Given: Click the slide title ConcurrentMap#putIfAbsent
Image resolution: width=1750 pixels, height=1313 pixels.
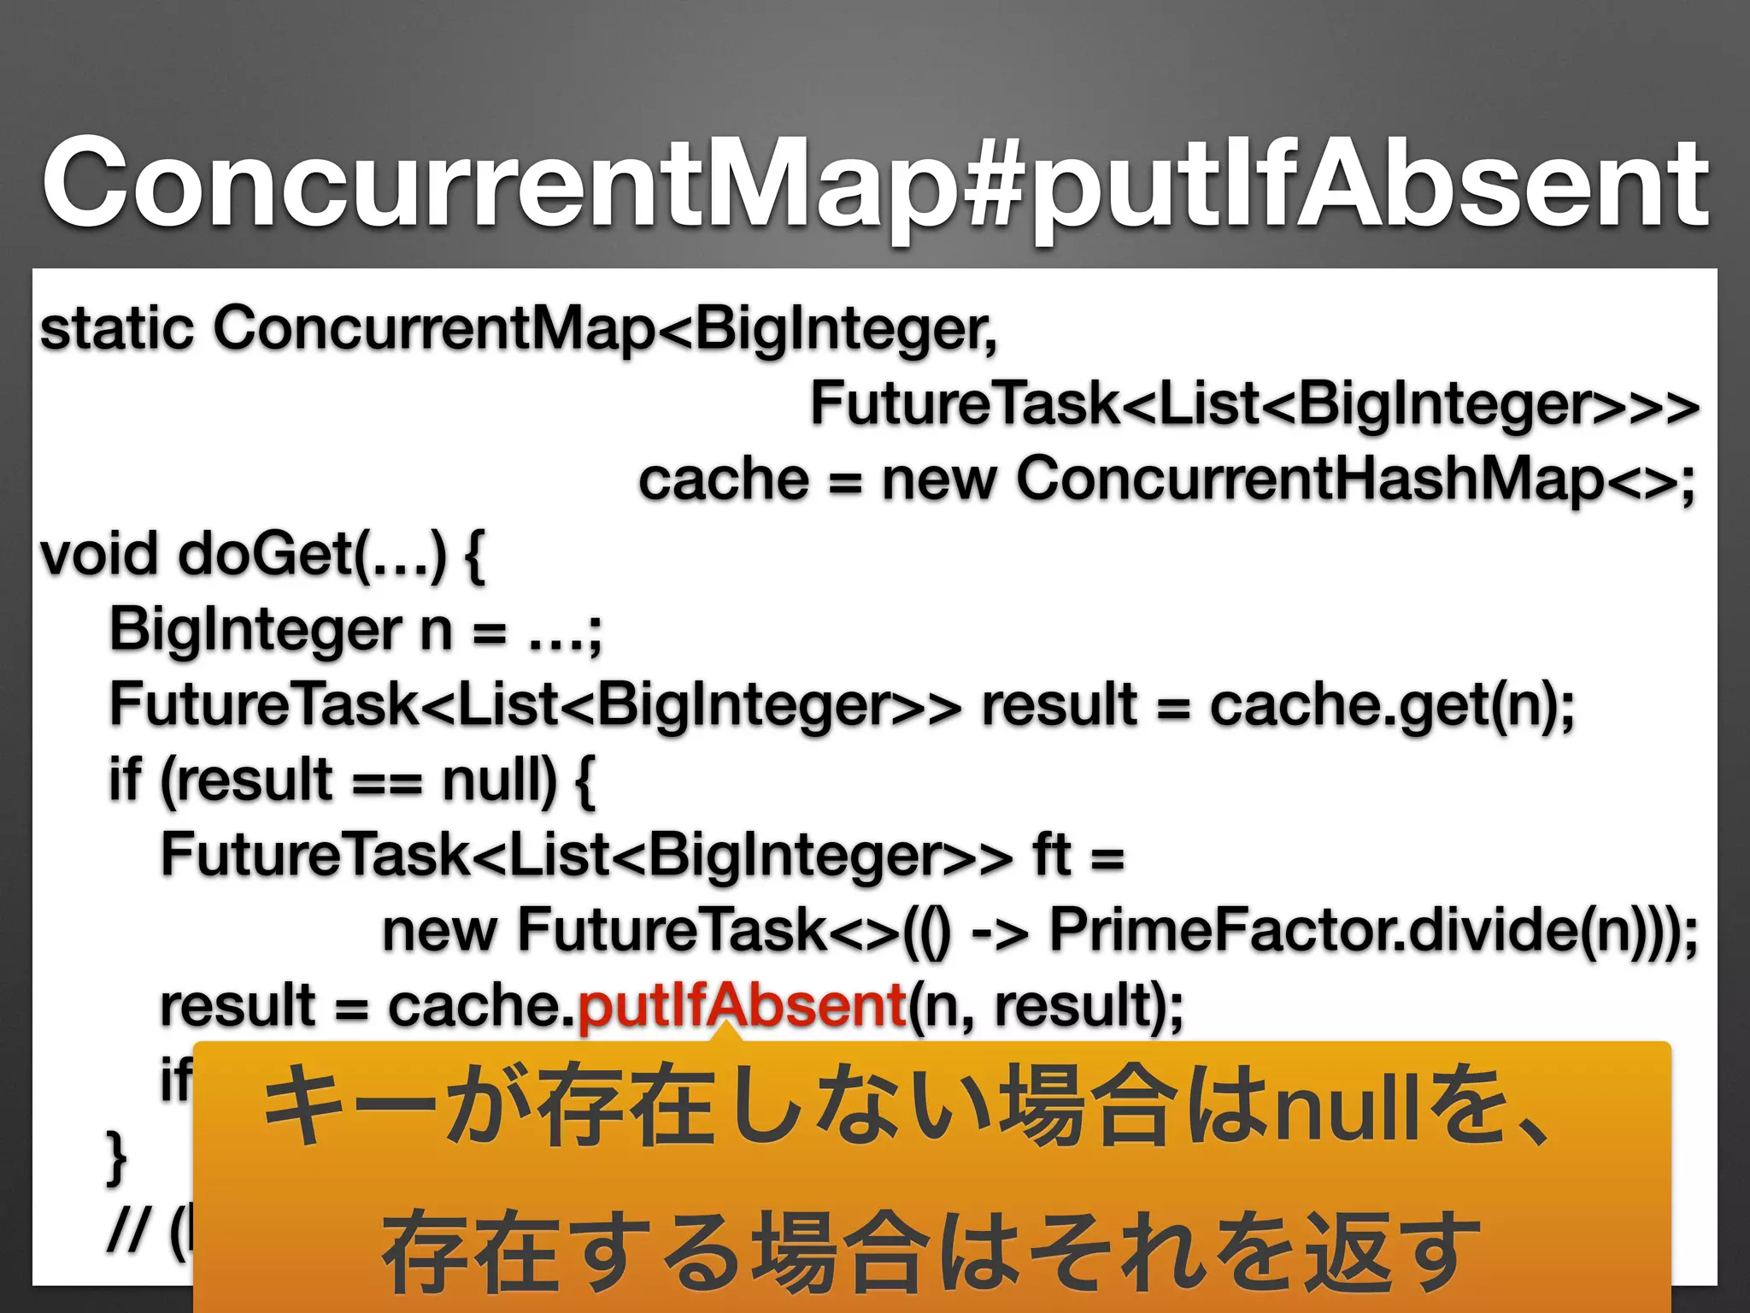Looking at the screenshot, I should [875, 184].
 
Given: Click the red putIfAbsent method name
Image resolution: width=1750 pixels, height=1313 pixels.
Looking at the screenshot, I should [742, 1005].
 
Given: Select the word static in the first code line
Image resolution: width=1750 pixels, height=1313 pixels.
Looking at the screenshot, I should [117, 328].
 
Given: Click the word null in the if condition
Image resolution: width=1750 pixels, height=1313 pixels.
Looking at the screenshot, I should [499, 780].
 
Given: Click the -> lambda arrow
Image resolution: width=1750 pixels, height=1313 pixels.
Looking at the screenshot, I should [1000, 932].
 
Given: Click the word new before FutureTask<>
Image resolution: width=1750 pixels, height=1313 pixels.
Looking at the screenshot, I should [439, 932].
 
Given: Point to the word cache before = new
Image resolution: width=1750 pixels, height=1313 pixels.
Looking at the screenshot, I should [724, 480].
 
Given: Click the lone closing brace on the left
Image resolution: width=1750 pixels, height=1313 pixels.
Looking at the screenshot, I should [116, 1157].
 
